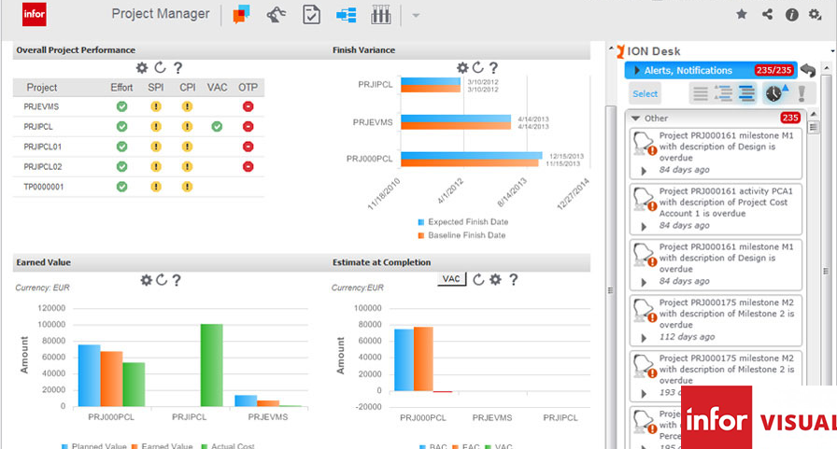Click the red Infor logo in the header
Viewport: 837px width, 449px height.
click(x=34, y=14)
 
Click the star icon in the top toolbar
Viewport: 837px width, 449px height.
click(x=742, y=14)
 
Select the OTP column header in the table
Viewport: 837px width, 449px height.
click(x=248, y=88)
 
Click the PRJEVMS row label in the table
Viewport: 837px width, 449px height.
click(x=41, y=106)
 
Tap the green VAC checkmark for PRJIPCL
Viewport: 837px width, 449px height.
click(x=217, y=126)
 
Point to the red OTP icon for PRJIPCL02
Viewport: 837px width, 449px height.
click(x=248, y=166)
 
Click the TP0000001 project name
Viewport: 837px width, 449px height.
click(x=45, y=187)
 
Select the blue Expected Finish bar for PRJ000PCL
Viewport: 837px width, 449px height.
click(x=472, y=155)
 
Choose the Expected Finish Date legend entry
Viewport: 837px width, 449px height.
click(x=467, y=222)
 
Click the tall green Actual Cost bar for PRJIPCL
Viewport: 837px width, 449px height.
click(x=212, y=365)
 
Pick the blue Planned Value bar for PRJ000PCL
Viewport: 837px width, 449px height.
click(x=89, y=375)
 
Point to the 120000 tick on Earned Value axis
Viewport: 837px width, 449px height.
click(x=50, y=308)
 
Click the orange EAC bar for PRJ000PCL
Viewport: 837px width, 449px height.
click(x=423, y=359)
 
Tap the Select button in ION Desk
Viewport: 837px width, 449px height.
click(x=645, y=93)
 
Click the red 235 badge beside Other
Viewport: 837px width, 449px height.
click(x=790, y=118)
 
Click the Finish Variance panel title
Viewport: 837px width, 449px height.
click(x=363, y=49)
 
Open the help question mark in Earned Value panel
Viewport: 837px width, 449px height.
click(x=177, y=280)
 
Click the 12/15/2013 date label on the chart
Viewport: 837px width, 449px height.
click(x=566, y=155)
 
